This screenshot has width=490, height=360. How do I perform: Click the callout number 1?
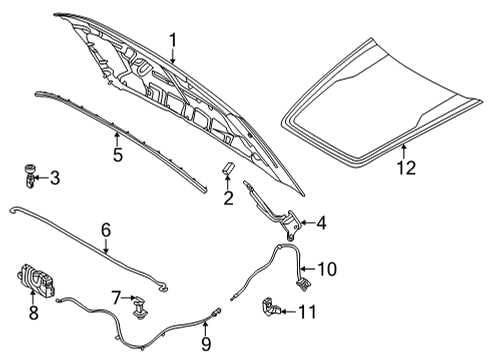[x=173, y=40]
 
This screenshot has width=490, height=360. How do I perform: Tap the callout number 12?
[x=407, y=168]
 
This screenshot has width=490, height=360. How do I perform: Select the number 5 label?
[x=118, y=155]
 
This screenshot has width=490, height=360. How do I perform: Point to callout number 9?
[x=206, y=344]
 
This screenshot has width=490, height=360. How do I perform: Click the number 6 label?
[x=106, y=231]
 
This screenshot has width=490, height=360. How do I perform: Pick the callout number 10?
[x=327, y=269]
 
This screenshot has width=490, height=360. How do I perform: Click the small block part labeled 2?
[x=228, y=168]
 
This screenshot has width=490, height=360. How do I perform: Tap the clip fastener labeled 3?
[x=30, y=175]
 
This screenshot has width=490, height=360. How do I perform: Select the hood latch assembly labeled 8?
[x=36, y=279]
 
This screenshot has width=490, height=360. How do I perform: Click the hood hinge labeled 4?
[x=273, y=210]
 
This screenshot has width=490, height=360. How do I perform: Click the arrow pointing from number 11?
[x=289, y=312]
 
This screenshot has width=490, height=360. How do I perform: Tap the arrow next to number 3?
[x=41, y=178]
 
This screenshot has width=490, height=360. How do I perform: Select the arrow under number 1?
[x=172, y=56]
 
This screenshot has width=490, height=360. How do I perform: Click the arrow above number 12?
[x=404, y=151]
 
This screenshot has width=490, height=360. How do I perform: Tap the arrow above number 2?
[x=228, y=183]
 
